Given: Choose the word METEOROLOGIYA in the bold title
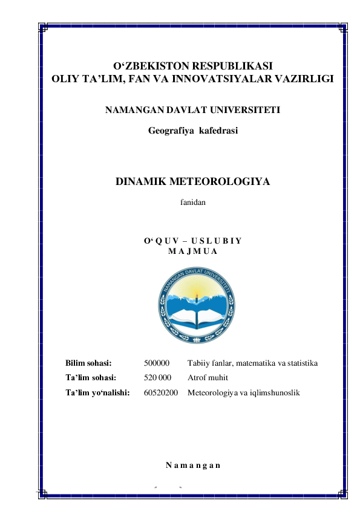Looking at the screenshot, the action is pyautogui.click(x=220, y=182).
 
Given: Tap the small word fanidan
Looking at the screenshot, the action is pyautogui.click(x=193, y=204).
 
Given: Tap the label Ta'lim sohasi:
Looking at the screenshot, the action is pyautogui.click(x=91, y=378).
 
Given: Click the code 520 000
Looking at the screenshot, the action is pyautogui.click(x=158, y=378).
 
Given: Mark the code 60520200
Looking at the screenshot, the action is pyautogui.click(x=161, y=393).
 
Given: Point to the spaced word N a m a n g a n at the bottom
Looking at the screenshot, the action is pyautogui.click(x=192, y=465).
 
